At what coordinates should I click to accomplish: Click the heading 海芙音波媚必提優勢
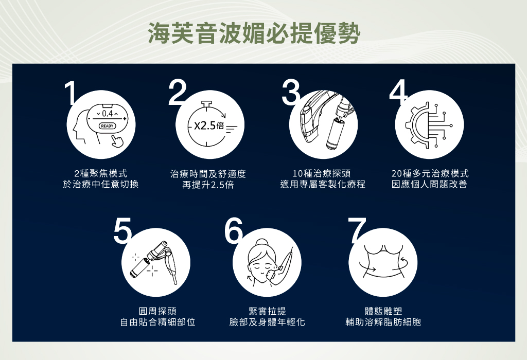coord(254,33)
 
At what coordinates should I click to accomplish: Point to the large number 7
coord(357,230)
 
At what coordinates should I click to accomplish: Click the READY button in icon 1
coord(107,126)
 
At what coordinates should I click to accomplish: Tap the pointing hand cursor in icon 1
coord(117,141)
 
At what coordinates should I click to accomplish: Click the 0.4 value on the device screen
coord(107,114)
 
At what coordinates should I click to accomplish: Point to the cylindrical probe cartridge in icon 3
coord(335,133)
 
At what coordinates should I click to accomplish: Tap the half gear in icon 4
coord(417,125)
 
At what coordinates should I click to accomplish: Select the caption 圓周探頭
coord(157,311)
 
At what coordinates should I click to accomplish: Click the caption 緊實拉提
coord(267,311)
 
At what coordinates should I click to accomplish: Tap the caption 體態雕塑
coord(383,311)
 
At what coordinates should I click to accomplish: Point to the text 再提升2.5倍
coord(208,185)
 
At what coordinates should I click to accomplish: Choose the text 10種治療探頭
coord(322,174)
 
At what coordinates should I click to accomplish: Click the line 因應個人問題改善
coord(429,184)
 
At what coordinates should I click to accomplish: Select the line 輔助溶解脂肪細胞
coord(383,322)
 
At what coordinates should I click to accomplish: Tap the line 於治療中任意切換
coord(101,184)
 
